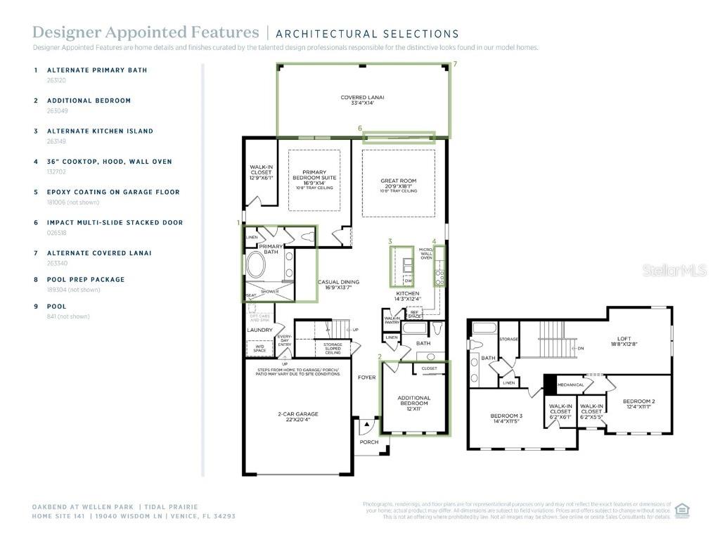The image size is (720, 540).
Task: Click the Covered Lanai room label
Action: click(362, 100)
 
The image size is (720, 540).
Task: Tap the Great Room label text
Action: click(399, 184)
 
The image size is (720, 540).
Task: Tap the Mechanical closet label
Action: click(570, 385)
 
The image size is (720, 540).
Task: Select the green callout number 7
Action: click(455, 64)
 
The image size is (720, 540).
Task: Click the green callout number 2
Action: click(380, 356)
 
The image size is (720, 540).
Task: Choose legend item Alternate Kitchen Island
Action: click(100, 131)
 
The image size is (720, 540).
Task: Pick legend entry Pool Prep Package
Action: click(86, 279)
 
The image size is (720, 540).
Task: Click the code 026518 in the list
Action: click(57, 233)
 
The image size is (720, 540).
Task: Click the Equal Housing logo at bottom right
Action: click(681, 510)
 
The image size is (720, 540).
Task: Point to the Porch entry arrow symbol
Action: click(366, 425)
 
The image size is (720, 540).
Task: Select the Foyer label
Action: click(366, 377)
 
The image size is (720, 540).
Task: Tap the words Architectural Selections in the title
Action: click(367, 34)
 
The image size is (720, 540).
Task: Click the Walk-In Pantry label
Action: click(392, 320)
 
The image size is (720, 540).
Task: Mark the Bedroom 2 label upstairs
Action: click(637, 404)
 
